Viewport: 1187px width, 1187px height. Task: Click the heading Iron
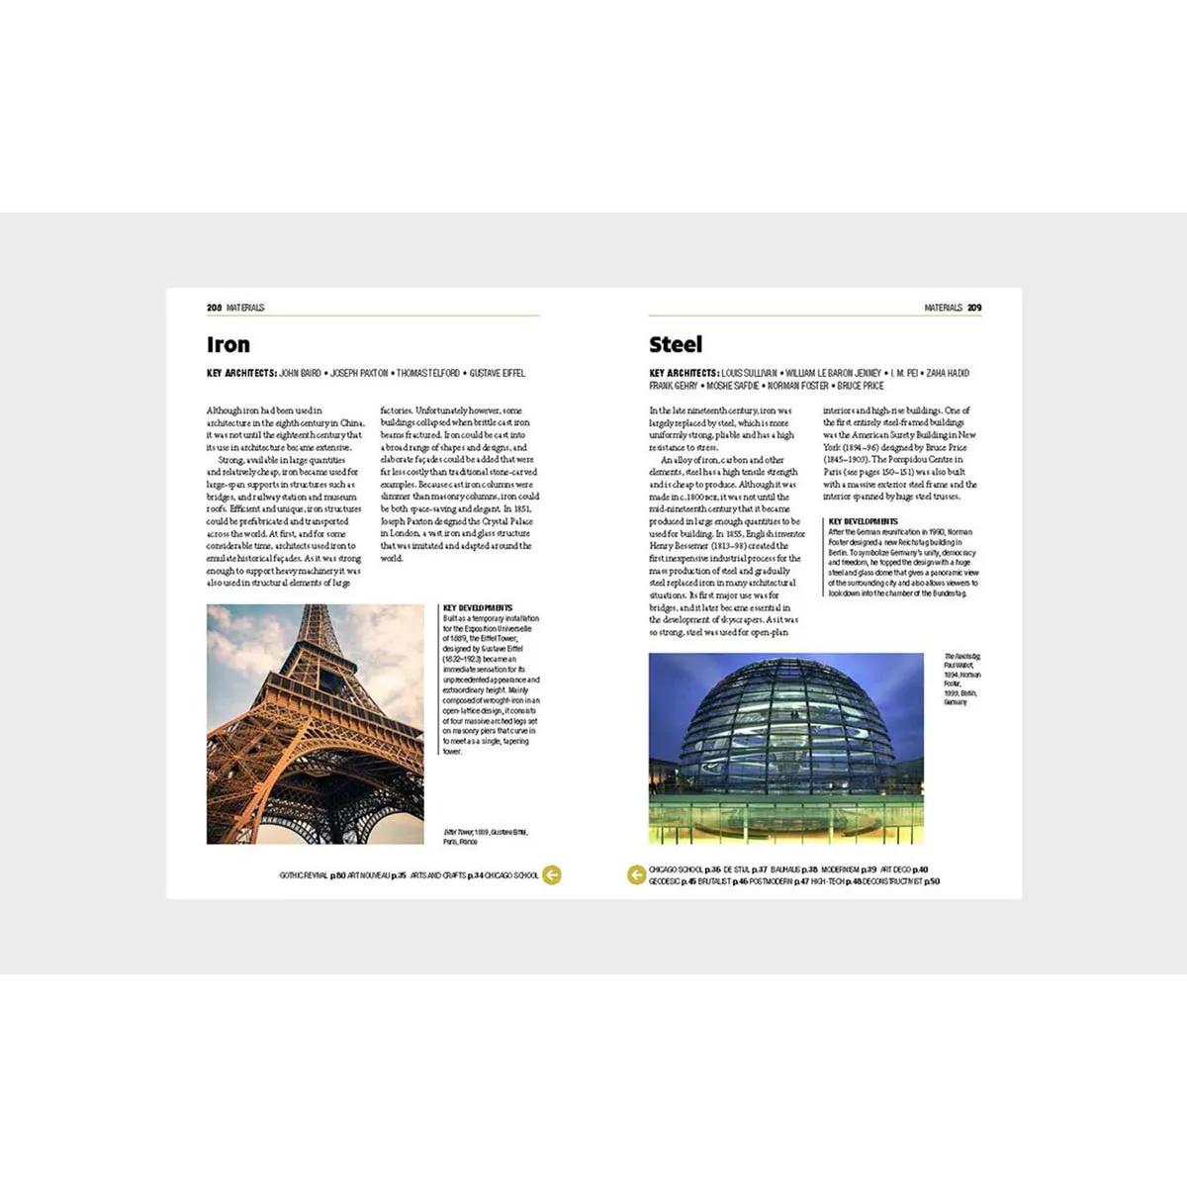pyautogui.click(x=228, y=345)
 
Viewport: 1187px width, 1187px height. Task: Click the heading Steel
pyautogui.click(x=676, y=345)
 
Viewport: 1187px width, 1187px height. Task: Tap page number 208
pyautogui.click(x=214, y=308)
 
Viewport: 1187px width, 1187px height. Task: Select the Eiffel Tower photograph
pyautogui.click(x=315, y=724)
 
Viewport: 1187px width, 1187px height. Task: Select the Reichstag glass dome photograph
pyautogui.click(x=785, y=748)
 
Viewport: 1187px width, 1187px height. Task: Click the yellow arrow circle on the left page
pyautogui.click(x=552, y=874)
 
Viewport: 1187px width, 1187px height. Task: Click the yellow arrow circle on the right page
pyautogui.click(x=637, y=874)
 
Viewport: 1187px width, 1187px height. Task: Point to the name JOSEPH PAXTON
pyautogui.click(x=359, y=373)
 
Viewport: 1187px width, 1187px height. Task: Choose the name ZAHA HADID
pyautogui.click(x=948, y=373)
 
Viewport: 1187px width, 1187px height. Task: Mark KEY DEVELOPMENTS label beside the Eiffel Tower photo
pyautogui.click(x=478, y=607)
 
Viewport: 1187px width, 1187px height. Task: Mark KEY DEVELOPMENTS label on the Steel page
pyautogui.click(x=864, y=521)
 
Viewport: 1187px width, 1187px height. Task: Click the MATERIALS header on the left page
pyautogui.click(x=245, y=308)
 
